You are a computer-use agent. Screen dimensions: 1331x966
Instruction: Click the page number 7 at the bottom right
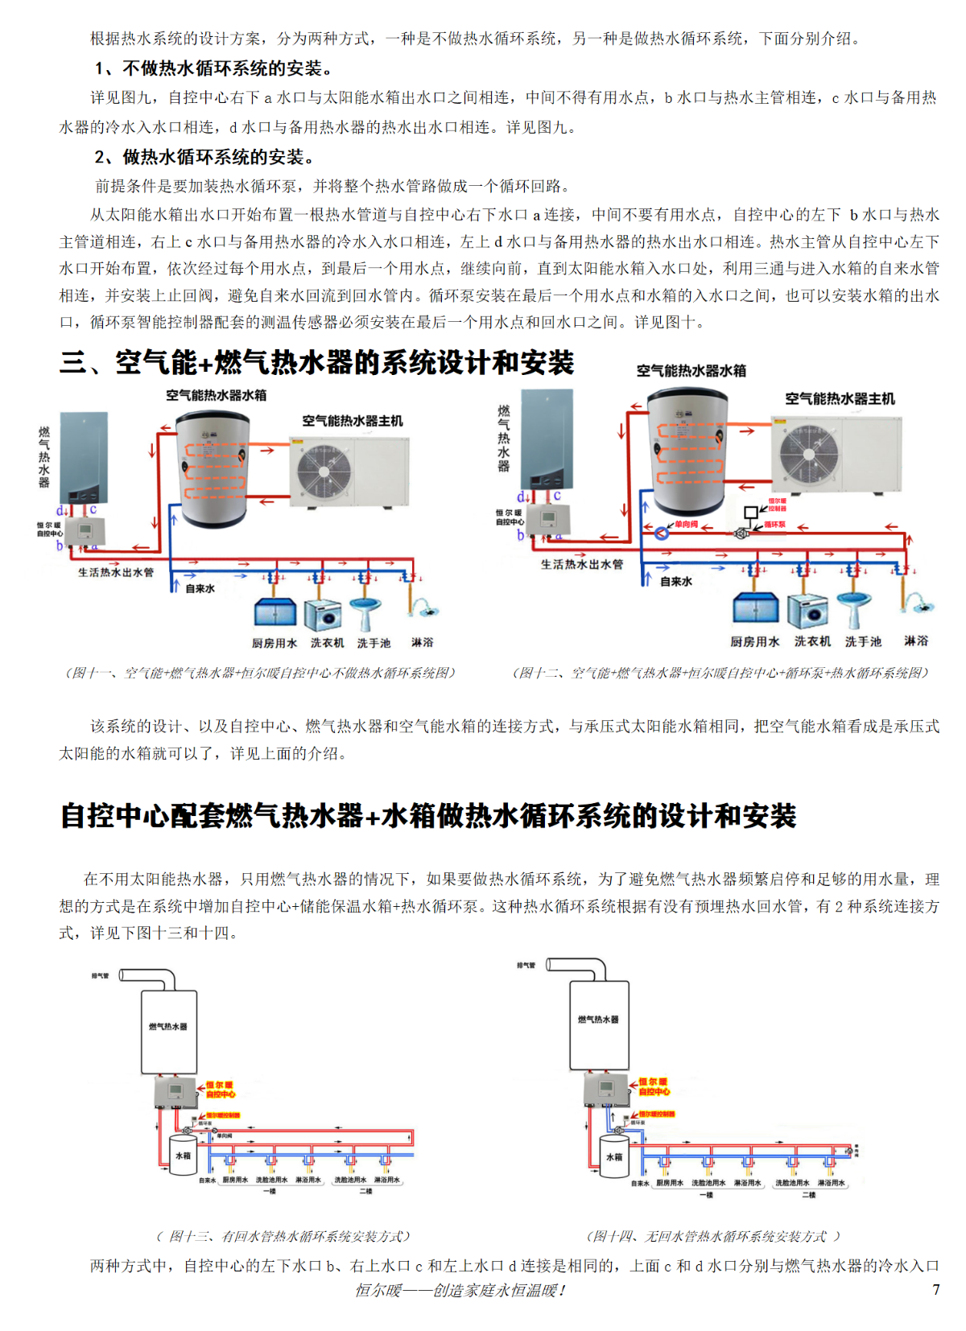(935, 1289)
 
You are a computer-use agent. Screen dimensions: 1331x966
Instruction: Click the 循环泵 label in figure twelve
(774, 525)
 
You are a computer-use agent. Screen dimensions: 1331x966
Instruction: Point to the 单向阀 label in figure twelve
(687, 525)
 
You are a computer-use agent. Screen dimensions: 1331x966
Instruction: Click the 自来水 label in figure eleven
(200, 589)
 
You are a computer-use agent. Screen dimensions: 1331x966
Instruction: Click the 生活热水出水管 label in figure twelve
(581, 564)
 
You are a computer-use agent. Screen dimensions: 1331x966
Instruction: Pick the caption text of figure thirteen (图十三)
(283, 1236)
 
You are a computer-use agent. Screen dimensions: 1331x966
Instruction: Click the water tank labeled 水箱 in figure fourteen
(614, 1156)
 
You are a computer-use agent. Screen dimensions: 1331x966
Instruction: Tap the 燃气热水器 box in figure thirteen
(169, 1032)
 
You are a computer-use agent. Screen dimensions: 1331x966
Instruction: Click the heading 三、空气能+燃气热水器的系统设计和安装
(316, 363)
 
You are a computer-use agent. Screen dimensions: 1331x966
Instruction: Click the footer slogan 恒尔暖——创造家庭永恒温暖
(460, 1290)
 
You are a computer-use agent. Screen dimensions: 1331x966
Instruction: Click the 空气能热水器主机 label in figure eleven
(352, 421)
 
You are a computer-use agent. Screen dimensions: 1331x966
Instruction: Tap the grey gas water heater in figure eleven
(84, 459)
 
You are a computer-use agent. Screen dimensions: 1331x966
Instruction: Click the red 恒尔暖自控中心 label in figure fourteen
(654, 1087)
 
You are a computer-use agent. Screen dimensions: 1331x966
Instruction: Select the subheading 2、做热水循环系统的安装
(204, 157)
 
